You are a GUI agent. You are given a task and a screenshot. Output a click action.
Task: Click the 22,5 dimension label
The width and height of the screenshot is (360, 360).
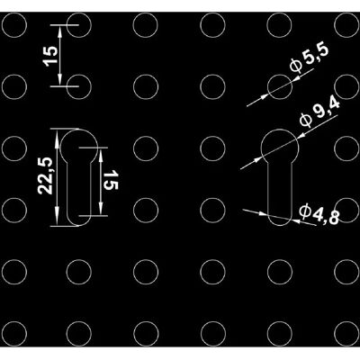pyautogui.click(x=45, y=175)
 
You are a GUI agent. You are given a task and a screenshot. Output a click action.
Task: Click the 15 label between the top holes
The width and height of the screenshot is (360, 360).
pyautogui.click(x=50, y=56)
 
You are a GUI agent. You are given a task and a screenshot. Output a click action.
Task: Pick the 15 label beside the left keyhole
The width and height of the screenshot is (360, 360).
pyautogui.click(x=111, y=180)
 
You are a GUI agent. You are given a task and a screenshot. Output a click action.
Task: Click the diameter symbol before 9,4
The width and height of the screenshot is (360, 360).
pyautogui.click(x=304, y=120)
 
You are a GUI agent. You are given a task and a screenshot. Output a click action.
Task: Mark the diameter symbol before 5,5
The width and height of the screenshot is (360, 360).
pyautogui.click(x=295, y=66)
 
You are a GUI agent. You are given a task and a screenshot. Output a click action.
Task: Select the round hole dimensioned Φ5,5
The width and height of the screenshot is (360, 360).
pyautogui.click(x=279, y=75)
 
